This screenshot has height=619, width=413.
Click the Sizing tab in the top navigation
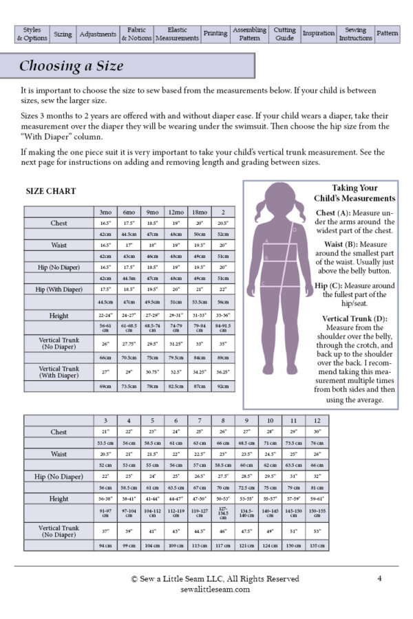pos(63,34)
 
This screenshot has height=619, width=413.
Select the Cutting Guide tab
pos(284,34)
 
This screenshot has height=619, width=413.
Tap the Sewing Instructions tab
pos(355,34)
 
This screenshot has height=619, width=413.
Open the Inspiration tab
pos(319,34)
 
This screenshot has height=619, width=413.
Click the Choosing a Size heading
pos(71,66)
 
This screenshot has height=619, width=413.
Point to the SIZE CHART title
pos(50,191)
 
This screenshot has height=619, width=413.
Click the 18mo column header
pos(200,212)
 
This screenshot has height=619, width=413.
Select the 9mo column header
pos(152,212)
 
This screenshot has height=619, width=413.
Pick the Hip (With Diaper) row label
pos(59,290)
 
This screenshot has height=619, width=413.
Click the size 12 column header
pos(317,420)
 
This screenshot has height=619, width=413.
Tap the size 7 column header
pos(199,420)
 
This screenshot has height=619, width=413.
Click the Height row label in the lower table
pos(59,499)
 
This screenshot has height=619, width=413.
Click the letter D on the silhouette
pos(294,230)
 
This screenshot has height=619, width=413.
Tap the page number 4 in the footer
pos(379,578)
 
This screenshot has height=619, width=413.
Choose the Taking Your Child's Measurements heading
pos(354,193)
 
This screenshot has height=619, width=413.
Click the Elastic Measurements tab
pos(177,34)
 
